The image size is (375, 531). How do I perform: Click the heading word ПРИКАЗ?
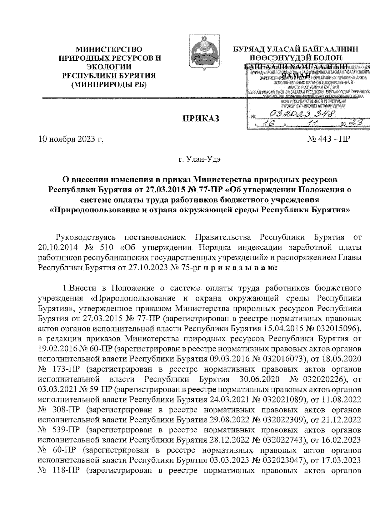[201, 119]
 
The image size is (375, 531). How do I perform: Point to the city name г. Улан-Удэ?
[200, 160]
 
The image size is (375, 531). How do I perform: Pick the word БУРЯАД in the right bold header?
[250, 49]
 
